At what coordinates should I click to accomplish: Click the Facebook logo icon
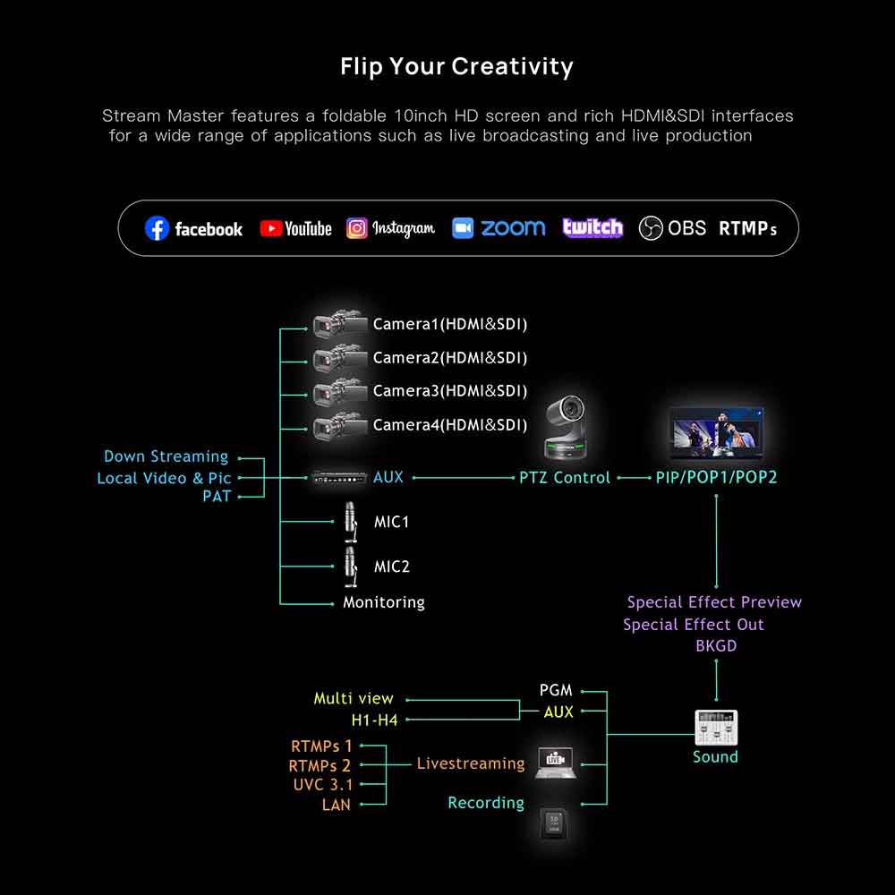point(157,229)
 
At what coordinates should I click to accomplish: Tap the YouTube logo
point(271,229)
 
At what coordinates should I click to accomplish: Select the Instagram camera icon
point(357,228)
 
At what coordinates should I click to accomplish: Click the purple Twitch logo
point(592,228)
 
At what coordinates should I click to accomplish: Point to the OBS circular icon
point(651,229)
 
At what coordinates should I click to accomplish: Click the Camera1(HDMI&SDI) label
point(450,324)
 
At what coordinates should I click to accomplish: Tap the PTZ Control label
point(565,478)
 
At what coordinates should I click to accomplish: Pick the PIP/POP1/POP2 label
point(716,478)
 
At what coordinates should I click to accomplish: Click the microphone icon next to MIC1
point(351,521)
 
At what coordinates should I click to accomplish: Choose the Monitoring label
point(384,602)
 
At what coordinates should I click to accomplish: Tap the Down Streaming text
point(166,457)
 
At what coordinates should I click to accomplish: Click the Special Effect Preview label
point(714,602)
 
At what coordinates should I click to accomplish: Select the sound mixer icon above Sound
point(716,728)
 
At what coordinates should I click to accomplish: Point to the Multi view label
point(354,698)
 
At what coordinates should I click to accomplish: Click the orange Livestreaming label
point(471,763)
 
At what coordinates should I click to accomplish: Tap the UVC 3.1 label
point(322,785)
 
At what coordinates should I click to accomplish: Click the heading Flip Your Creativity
point(456,66)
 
